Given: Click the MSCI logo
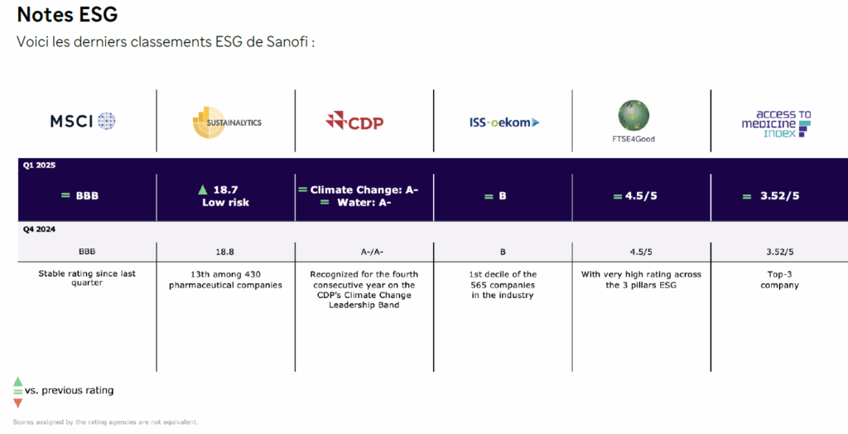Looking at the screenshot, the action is click(83, 121).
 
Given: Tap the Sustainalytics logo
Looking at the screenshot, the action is click(227, 123).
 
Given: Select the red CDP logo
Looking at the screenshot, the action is click(354, 121).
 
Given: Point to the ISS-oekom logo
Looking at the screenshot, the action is click(504, 123).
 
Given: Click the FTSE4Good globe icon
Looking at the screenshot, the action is click(634, 116).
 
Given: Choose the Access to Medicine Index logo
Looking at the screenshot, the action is click(777, 124).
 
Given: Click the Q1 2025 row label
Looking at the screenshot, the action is click(39, 166).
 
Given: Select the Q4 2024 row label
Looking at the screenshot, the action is click(39, 229).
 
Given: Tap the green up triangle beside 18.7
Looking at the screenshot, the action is click(203, 190).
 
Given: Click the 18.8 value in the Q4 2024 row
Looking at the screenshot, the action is click(225, 252).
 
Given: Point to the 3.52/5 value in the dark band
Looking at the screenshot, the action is click(779, 196).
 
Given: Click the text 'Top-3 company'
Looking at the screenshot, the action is click(779, 280).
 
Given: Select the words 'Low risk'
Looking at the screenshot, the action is click(225, 202).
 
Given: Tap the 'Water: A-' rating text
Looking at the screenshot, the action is click(364, 202).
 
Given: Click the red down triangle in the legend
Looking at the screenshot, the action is click(18, 403).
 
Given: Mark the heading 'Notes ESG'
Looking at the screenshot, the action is click(68, 15).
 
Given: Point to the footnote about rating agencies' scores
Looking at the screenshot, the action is click(105, 422).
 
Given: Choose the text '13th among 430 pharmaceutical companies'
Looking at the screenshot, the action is click(225, 280).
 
